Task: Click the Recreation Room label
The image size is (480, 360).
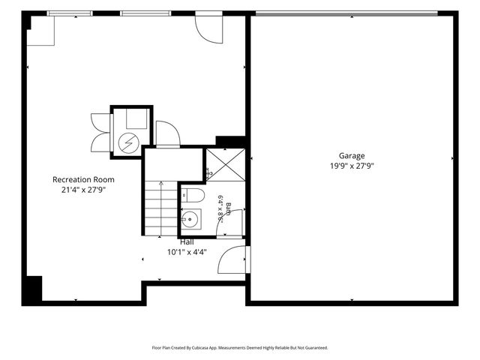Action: (83, 180)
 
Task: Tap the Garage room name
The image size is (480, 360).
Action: (352, 156)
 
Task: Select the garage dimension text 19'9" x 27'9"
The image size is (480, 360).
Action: (352, 166)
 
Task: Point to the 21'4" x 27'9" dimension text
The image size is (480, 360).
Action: (83, 190)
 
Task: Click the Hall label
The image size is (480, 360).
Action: (187, 242)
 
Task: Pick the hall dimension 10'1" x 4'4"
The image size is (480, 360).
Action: (187, 253)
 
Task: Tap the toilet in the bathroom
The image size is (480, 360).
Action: (193, 195)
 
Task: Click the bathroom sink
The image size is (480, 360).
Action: (191, 219)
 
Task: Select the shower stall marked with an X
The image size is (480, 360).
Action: (226, 165)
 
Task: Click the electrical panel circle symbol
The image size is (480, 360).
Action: (129, 143)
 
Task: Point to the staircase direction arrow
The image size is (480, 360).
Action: (161, 208)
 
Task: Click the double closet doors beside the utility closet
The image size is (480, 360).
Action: (100, 133)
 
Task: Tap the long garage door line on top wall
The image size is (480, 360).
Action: (346, 13)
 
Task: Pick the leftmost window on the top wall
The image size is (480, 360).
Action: (70, 13)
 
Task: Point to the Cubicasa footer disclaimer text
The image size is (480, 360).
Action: (240, 348)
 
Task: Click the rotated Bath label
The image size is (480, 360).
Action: (228, 208)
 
